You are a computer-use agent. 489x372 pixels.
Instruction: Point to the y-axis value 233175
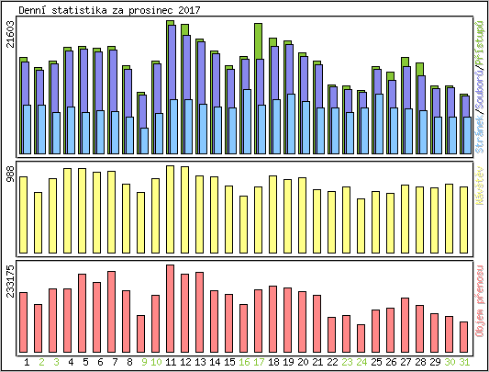(10, 280)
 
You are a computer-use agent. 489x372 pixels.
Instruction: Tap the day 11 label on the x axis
(171, 362)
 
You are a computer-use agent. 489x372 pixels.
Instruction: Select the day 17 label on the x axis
(259, 362)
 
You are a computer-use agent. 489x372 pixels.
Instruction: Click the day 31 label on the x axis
(464, 362)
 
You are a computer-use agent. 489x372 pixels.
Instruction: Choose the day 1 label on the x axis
(24, 362)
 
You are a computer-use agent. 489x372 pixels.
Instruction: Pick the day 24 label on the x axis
(361, 362)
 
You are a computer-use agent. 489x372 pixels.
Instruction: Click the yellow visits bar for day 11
(171, 209)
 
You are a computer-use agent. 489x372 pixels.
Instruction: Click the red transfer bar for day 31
(464, 332)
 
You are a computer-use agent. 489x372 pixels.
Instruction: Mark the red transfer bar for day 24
(361, 333)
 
